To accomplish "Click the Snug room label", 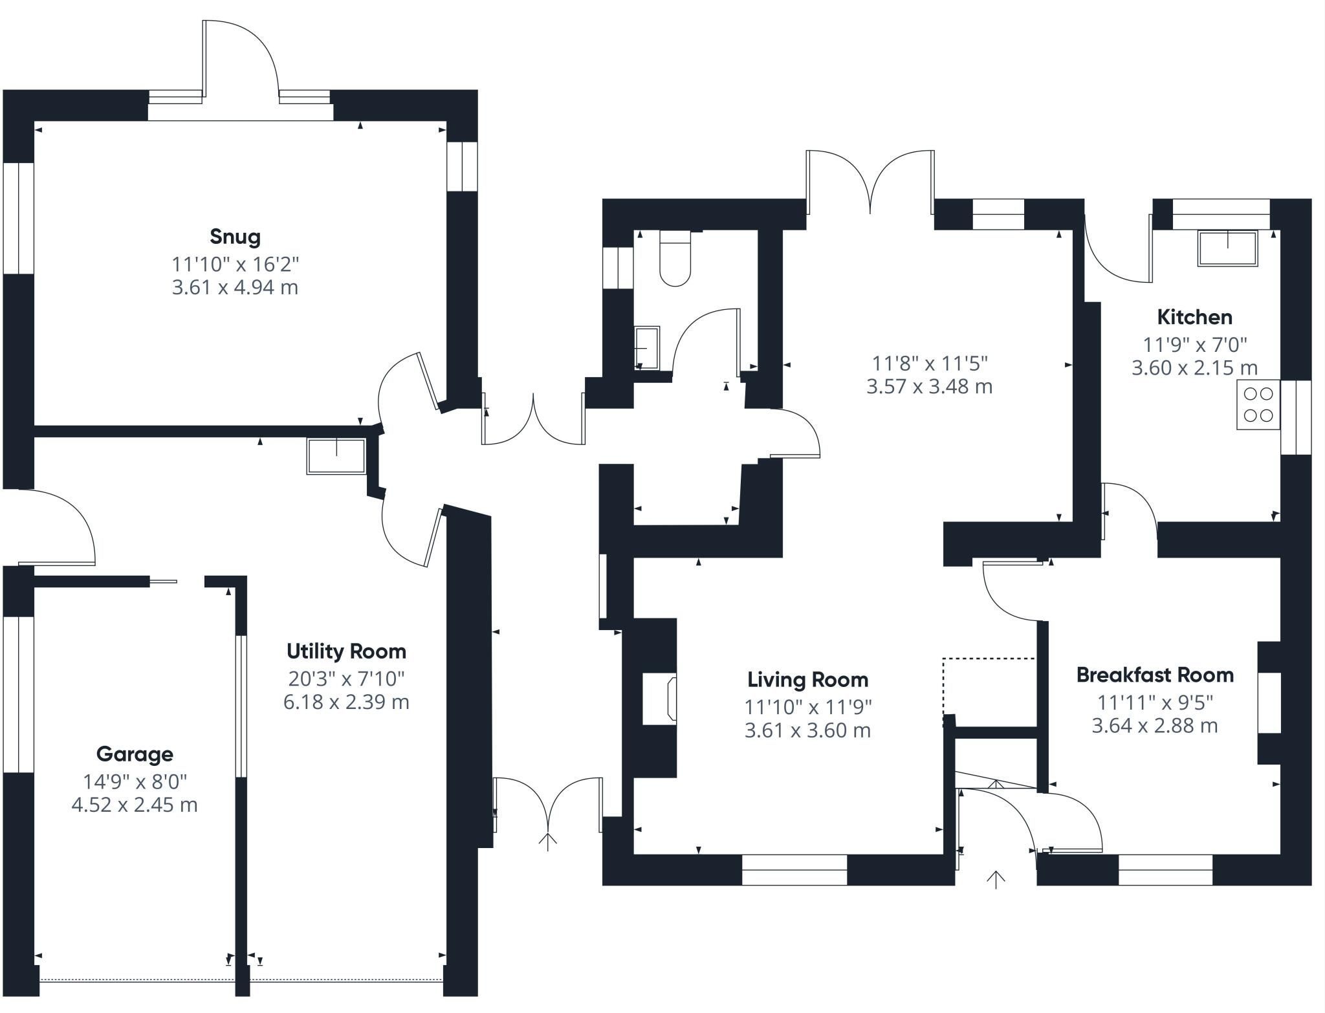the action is tap(235, 237).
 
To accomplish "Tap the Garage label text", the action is tap(135, 754).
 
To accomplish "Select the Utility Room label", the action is tap(346, 651).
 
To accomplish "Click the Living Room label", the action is tap(807, 679).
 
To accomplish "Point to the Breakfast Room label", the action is tap(1155, 675).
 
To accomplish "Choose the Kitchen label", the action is tap(1194, 317).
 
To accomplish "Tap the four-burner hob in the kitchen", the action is tap(1258, 404).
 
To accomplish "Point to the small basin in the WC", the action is tap(647, 348).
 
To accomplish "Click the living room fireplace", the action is tap(659, 698).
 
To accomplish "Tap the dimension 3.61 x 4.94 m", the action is tap(235, 287).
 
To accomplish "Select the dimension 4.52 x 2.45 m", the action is tap(135, 805).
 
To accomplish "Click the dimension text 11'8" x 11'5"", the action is tap(930, 364).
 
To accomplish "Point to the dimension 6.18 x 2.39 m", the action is tap(346, 702).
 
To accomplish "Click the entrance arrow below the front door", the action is tap(996, 880).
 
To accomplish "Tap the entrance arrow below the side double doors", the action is tap(548, 842).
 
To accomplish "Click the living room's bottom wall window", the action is tap(794, 870).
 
